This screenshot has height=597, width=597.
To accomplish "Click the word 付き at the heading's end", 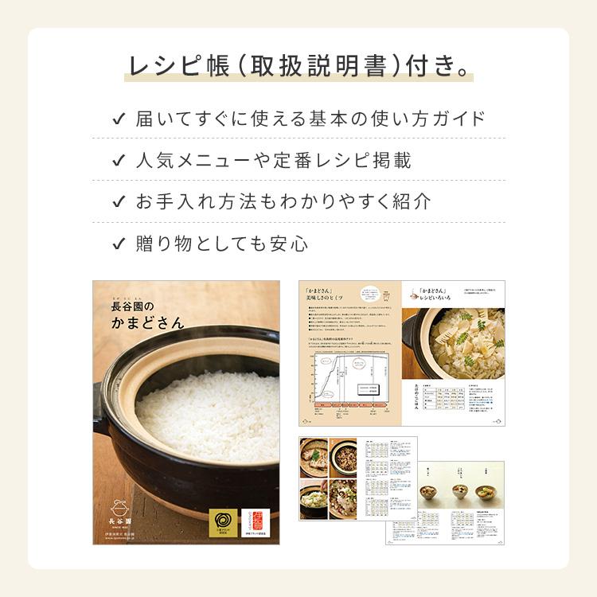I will tap(434, 66).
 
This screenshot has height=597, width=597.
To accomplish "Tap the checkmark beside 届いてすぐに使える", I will tap(119, 119).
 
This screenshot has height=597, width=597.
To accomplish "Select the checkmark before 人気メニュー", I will tap(119, 160).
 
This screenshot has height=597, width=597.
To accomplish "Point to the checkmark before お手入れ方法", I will tap(119, 201).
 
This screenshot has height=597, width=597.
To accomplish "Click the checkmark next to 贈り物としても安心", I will tap(119, 243).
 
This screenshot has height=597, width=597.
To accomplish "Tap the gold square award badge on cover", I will tap(221, 521).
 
